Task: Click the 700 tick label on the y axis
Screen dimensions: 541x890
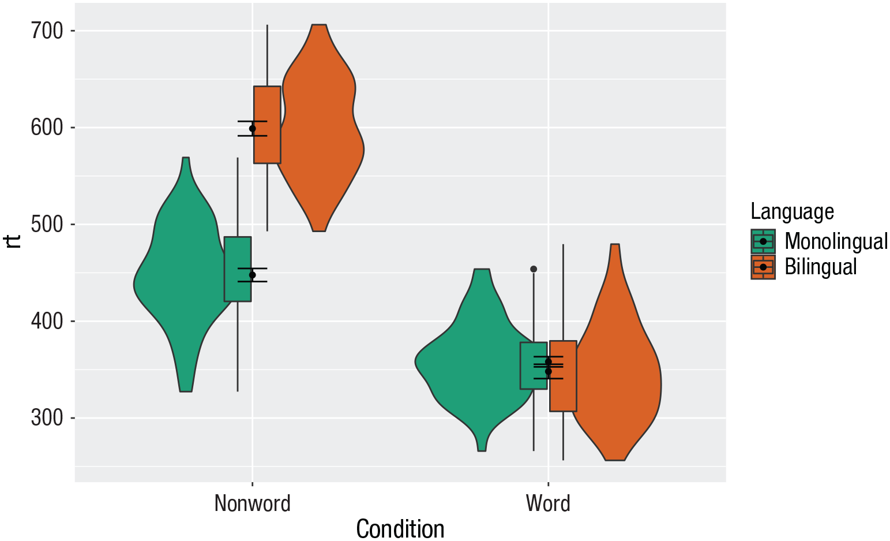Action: pos(47,31)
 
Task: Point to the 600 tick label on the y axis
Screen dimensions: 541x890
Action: pos(47,128)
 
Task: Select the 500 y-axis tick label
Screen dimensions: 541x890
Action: pos(47,225)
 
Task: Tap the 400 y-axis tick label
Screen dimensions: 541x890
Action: pos(47,321)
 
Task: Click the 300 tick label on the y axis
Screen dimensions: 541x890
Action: pos(47,418)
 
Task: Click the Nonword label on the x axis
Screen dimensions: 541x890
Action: pos(252,503)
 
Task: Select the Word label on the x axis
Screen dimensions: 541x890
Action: pos(548,503)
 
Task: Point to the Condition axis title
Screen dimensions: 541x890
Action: pos(400,528)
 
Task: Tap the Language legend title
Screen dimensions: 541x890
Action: pos(792,212)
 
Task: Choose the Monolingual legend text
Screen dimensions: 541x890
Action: pos(836,241)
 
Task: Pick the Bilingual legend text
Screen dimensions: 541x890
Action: pos(821,267)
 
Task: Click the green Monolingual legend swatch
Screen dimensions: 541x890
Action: pos(763,241)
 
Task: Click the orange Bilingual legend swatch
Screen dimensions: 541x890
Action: pos(763,267)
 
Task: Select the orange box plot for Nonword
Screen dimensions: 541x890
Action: pos(268,144)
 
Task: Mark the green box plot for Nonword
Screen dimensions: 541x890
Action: pos(238,289)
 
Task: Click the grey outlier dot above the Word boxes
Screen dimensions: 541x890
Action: pos(534,269)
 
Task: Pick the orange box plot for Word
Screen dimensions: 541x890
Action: pos(563,393)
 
